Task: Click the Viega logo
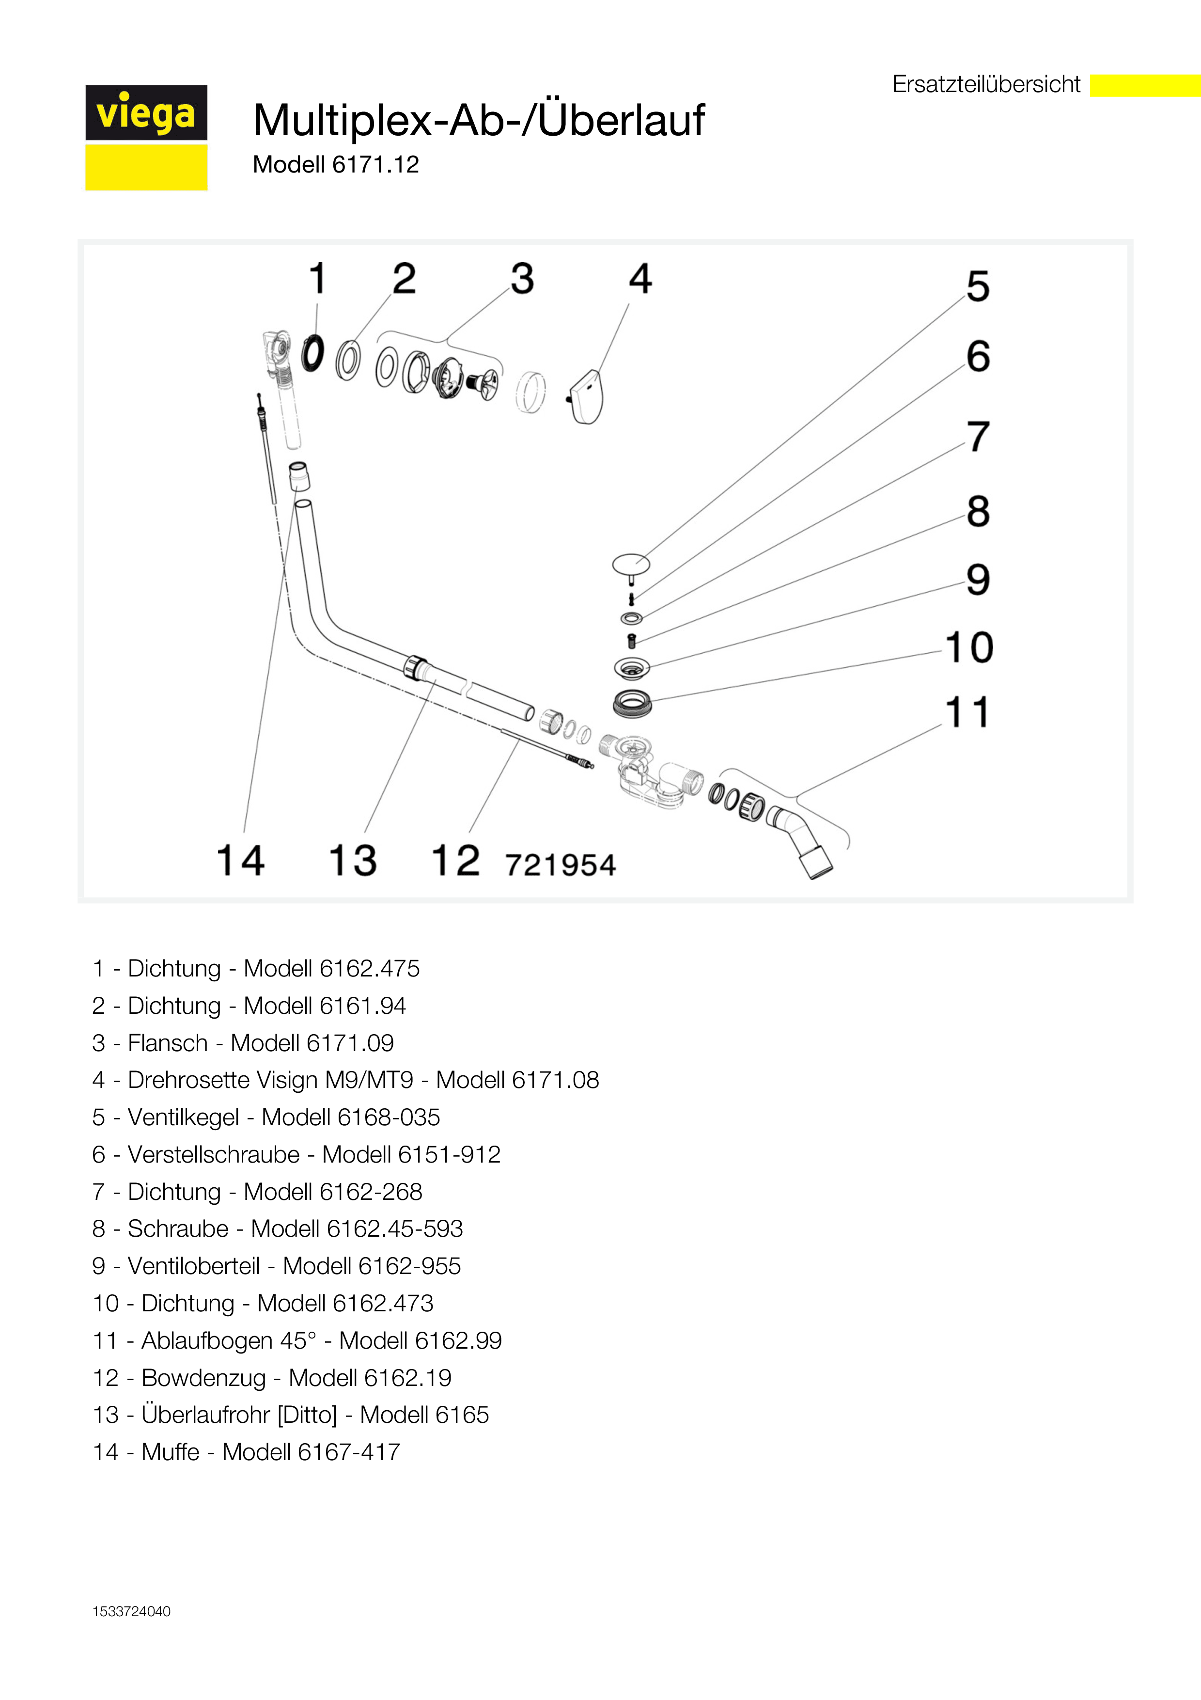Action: tap(146, 138)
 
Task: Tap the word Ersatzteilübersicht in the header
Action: tap(986, 84)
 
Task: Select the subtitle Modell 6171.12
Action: tap(336, 164)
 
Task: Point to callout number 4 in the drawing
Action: tap(641, 279)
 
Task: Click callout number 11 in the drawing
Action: tap(968, 712)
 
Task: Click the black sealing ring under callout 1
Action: tap(313, 353)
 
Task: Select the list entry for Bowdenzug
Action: tap(272, 1377)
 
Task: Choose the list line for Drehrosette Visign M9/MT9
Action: tap(345, 1080)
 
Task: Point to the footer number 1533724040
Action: tap(132, 1611)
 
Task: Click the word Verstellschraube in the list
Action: tap(214, 1154)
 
